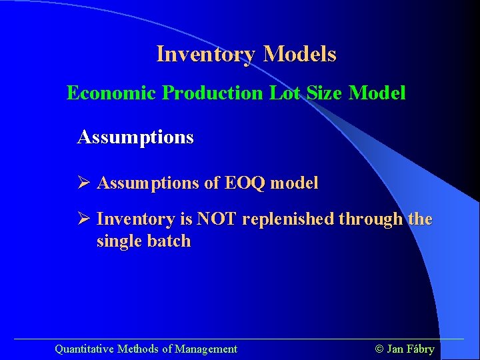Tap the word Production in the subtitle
pyautogui.click(x=213, y=93)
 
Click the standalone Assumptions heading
pyautogui.click(x=135, y=138)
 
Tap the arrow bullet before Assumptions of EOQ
pyautogui.click(x=83, y=183)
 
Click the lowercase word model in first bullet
pyautogui.click(x=293, y=183)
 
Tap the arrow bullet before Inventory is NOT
pyautogui.click(x=83, y=219)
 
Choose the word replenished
pyautogui.click(x=289, y=219)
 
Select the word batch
pyautogui.click(x=169, y=241)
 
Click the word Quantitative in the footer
pyautogui.click(x=85, y=349)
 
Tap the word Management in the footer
pyautogui.click(x=206, y=349)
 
